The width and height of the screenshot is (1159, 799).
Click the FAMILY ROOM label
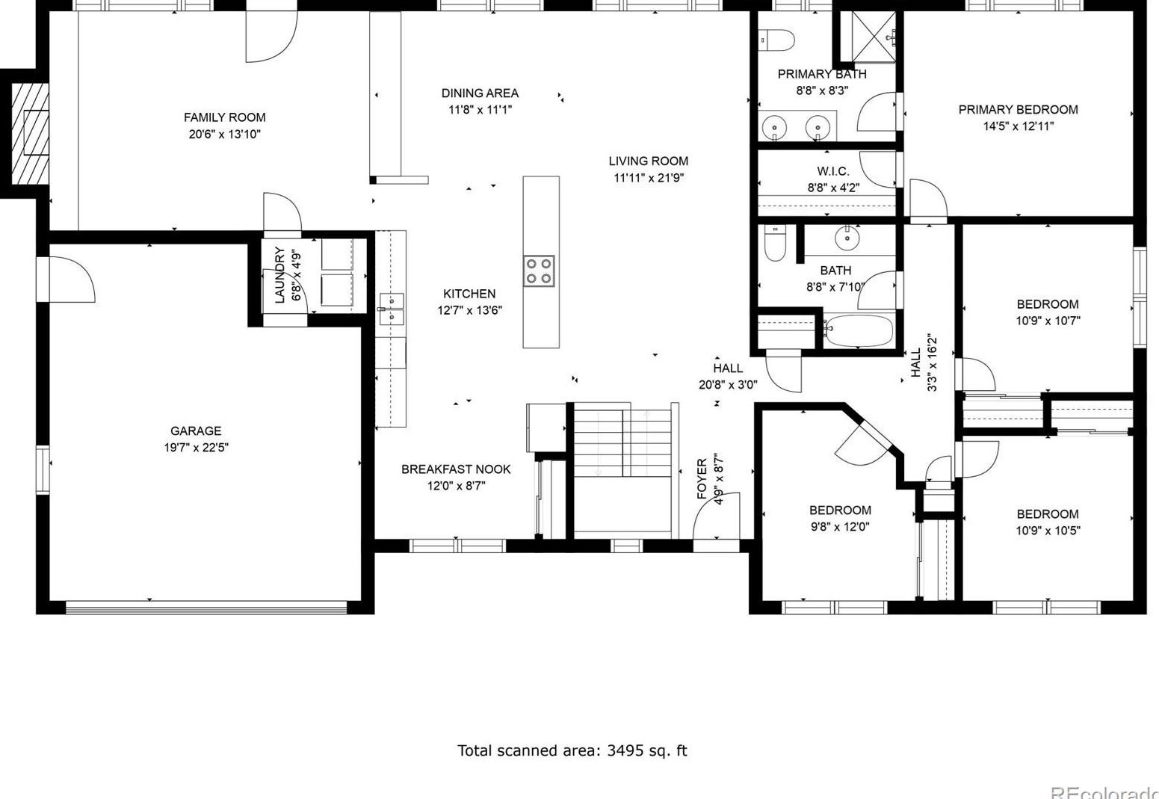[x=225, y=117]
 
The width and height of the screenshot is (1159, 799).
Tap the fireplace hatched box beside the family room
[x=30, y=134]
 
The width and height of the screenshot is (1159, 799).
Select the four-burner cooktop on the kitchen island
[x=539, y=271]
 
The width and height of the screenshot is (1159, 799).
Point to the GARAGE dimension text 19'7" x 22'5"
[x=196, y=448]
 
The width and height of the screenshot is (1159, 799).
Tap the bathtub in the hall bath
[x=859, y=331]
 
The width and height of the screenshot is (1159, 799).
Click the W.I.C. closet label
[x=833, y=171]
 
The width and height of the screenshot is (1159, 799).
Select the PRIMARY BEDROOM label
[x=1019, y=110]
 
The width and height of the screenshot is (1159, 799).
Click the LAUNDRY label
[x=279, y=275]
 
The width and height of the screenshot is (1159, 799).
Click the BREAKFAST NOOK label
[x=456, y=469]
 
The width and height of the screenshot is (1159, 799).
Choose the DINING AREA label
[x=480, y=93]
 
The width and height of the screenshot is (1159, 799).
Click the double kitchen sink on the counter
[x=392, y=309]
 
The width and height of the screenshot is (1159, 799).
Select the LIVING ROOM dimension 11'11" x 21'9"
[x=649, y=178]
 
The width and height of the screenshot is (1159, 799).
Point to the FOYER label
[x=702, y=478]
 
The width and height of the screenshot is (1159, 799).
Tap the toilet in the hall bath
[x=775, y=242]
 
